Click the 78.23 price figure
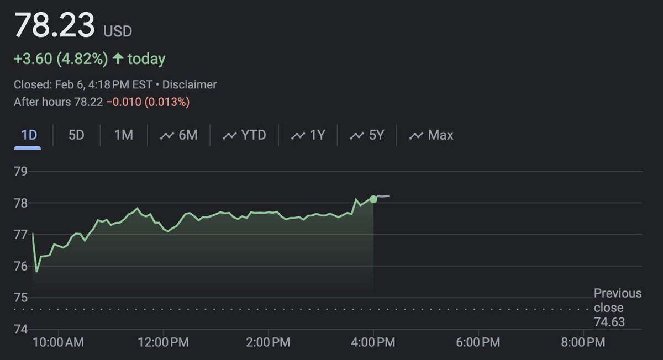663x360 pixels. [x=54, y=26]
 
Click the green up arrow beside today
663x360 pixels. [x=118, y=59]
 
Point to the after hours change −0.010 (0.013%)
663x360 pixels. [x=148, y=102]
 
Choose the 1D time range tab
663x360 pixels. [x=29, y=135]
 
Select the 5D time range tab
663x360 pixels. [x=76, y=135]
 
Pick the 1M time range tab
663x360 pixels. [x=123, y=135]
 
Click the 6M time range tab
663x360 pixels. [x=178, y=135]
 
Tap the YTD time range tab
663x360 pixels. [x=244, y=135]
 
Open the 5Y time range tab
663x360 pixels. [x=367, y=135]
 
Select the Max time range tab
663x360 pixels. [x=431, y=135]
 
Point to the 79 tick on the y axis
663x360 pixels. [x=21, y=171]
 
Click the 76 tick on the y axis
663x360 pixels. [x=21, y=266]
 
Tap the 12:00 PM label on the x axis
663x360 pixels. [x=164, y=343]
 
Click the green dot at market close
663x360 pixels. [x=373, y=199]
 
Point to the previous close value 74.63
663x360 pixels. [x=609, y=322]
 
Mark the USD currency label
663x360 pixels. [x=118, y=31]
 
